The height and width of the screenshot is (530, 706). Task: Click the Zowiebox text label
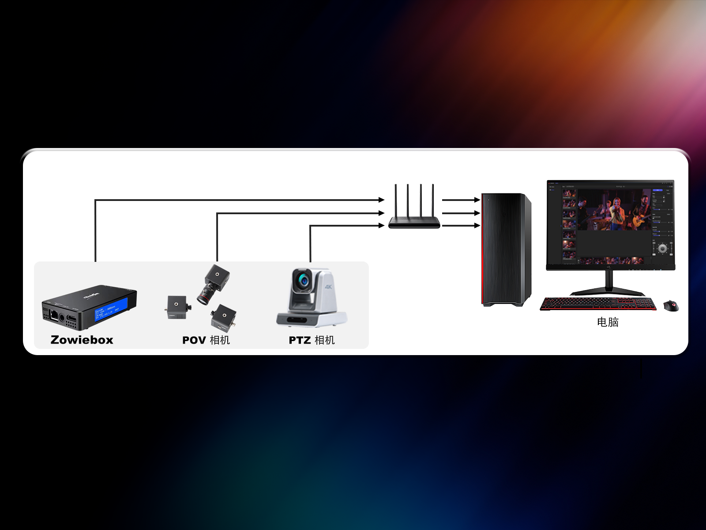(82, 340)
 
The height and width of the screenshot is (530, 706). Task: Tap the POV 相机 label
(206, 340)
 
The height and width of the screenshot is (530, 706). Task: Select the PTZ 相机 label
(312, 340)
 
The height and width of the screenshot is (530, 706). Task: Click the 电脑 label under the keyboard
(608, 322)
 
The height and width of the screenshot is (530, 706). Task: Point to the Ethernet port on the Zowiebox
(54, 314)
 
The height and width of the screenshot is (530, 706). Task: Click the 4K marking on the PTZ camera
(328, 286)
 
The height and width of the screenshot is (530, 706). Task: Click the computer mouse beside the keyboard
(671, 306)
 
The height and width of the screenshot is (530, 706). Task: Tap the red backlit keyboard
(598, 304)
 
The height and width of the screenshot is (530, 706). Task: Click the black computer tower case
(505, 250)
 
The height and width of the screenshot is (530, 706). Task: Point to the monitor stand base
(608, 292)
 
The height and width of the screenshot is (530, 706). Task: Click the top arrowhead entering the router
(382, 200)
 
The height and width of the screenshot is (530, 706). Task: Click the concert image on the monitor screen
(613, 210)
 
